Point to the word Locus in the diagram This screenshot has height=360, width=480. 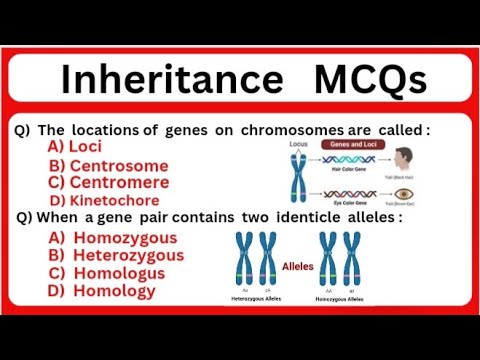click(298, 144)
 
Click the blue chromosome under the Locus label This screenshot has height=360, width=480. click(299, 177)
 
